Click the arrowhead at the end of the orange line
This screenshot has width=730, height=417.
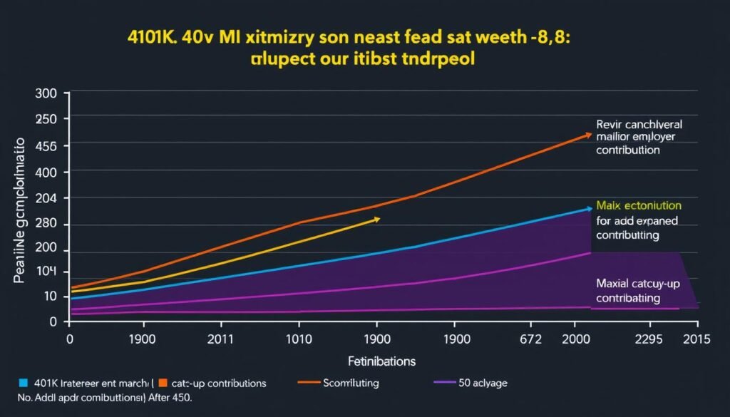point(588,133)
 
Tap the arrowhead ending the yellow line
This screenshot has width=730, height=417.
point(377,220)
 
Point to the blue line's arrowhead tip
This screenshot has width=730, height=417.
point(589,208)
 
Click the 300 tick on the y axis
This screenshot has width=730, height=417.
point(45,93)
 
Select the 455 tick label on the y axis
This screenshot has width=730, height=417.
point(45,146)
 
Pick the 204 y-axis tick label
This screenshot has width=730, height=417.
point(45,199)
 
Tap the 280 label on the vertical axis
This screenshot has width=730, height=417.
point(45,225)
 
